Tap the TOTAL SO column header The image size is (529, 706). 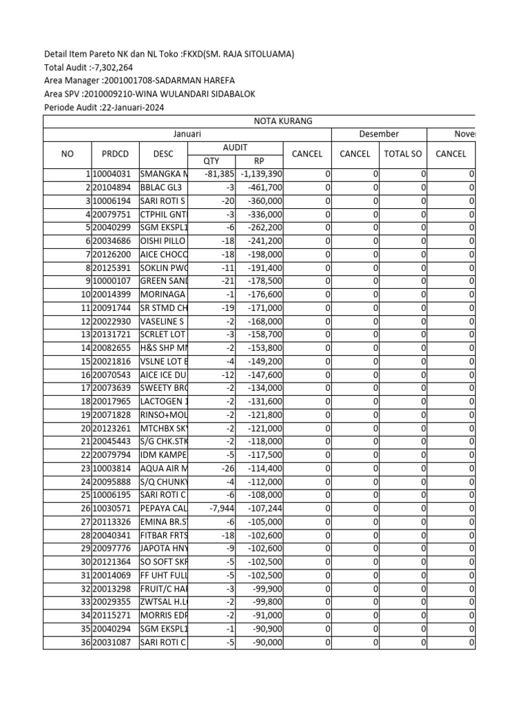pos(403,154)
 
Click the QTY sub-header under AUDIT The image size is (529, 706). pos(211,161)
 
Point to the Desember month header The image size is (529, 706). pos(379,134)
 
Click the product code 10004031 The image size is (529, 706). pos(112,174)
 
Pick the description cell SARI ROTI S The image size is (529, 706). pos(162,201)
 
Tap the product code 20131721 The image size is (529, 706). pos(112,334)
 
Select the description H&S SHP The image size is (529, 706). pos(162,348)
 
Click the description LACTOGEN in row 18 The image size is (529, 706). pos(162,401)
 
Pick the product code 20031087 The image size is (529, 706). pos(112,643)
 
